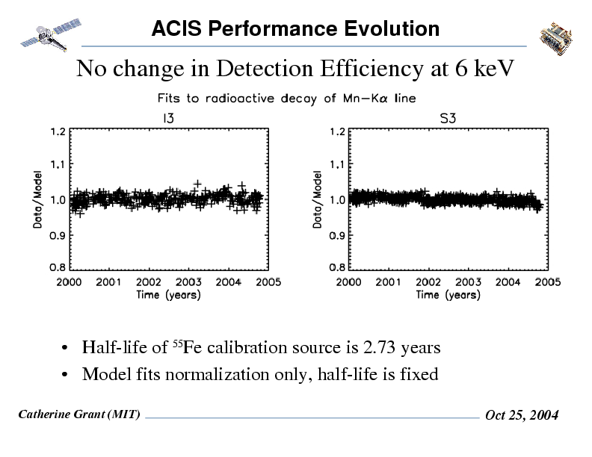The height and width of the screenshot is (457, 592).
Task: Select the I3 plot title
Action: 170,116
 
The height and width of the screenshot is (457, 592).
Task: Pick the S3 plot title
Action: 449,116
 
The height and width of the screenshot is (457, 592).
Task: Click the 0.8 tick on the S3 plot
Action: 338,266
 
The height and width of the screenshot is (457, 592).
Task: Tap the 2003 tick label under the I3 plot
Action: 188,282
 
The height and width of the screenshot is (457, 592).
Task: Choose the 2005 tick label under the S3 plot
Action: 548,282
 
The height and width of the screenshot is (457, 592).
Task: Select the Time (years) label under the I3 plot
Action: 168,295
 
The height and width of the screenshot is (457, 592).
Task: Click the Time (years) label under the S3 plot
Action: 448,295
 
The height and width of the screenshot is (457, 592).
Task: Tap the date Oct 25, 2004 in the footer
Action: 521,415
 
